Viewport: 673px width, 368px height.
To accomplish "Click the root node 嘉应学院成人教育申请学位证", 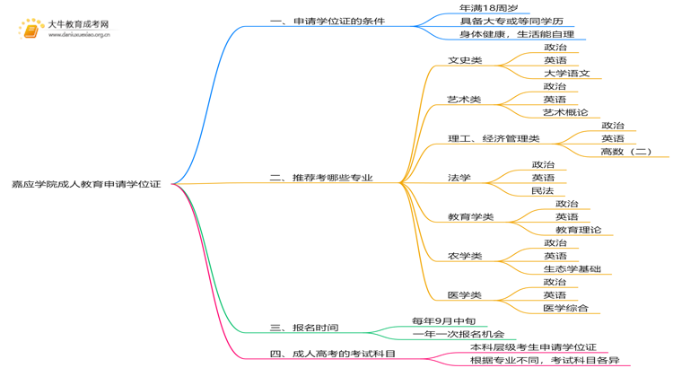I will (87, 183).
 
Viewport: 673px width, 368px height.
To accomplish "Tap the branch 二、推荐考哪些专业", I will (321, 178).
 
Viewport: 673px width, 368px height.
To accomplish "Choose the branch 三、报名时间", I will (304, 328).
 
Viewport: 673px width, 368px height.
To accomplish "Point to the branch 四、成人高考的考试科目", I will (333, 354).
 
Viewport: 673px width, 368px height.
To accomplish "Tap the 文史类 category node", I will (465, 60).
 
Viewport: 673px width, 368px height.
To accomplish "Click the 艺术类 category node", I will (464, 100).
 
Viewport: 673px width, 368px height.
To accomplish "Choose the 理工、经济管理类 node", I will (494, 139).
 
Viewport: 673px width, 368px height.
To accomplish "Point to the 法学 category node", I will (459, 178).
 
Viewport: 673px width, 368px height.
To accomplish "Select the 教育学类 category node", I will (470, 216).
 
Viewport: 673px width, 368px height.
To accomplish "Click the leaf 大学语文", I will (566, 74).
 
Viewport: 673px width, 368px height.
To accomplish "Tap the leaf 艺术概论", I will (565, 113).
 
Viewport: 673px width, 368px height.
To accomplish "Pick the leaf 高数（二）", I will (626, 152).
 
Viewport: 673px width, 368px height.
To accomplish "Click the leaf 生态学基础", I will (572, 268).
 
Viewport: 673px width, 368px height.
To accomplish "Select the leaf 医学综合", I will (565, 308).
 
